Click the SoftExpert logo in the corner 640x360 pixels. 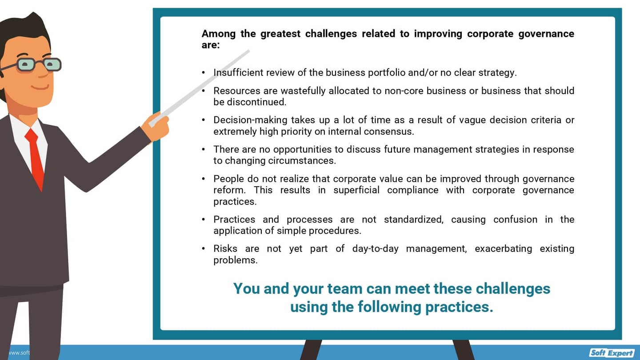(612, 353)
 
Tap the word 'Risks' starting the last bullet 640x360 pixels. (225, 248)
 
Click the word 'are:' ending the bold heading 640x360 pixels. (211, 45)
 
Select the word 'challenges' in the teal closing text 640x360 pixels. (513, 288)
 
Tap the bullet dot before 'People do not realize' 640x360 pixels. (204, 179)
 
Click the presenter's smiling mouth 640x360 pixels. (40, 87)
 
